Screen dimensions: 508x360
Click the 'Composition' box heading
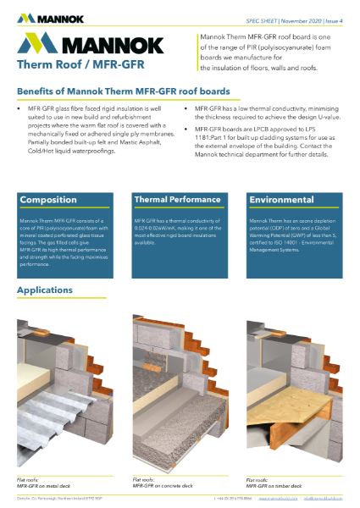pos(48,200)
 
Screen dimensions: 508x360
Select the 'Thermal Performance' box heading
pos(173,200)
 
